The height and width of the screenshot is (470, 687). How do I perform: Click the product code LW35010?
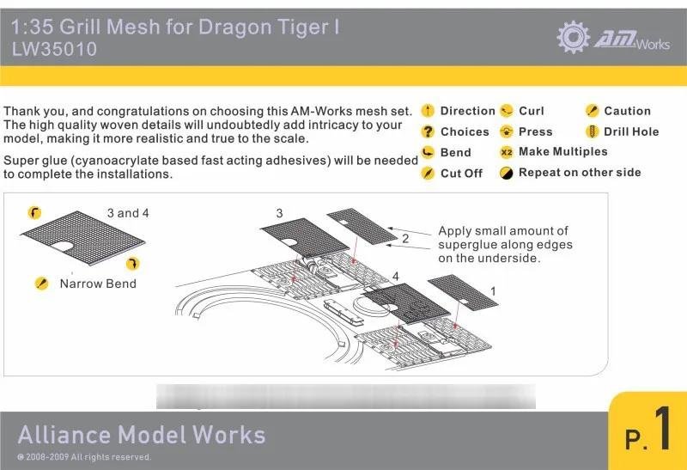[54, 50]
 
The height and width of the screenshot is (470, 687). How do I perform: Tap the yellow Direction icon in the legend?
[427, 111]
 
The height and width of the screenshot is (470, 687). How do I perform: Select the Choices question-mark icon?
[427, 131]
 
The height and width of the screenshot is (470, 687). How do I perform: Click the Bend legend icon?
[427, 152]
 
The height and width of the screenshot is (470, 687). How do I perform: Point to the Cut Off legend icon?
[427, 173]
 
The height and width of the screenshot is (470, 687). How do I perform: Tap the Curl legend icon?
[506, 111]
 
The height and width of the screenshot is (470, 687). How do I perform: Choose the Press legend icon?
[506, 131]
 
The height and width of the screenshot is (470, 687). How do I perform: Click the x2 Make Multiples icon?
[506, 152]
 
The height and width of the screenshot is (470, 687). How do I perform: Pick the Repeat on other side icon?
[506, 173]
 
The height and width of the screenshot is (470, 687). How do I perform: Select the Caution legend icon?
[591, 111]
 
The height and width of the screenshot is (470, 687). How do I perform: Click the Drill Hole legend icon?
[591, 131]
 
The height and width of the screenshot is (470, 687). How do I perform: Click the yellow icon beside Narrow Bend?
[40, 284]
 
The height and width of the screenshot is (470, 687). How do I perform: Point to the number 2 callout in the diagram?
[405, 239]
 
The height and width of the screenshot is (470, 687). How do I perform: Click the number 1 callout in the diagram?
[493, 292]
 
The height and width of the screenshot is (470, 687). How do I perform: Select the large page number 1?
[662, 430]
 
